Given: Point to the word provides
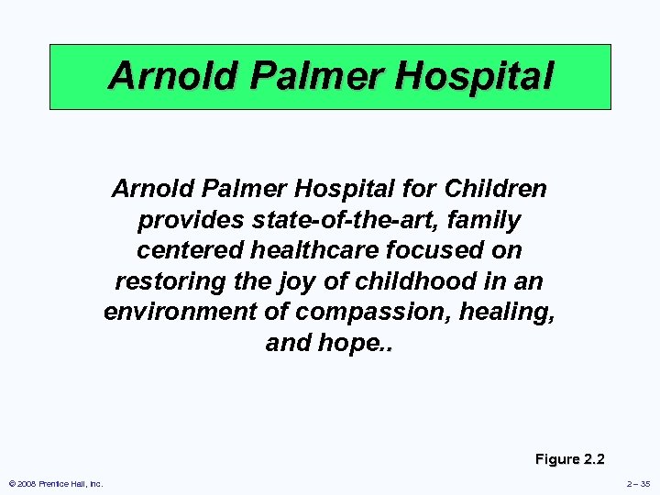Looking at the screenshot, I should point(190,221).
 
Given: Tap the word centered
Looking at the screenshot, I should point(191,251).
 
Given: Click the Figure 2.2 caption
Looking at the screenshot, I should point(570,459).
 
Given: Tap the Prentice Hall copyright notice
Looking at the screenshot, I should point(55,483).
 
